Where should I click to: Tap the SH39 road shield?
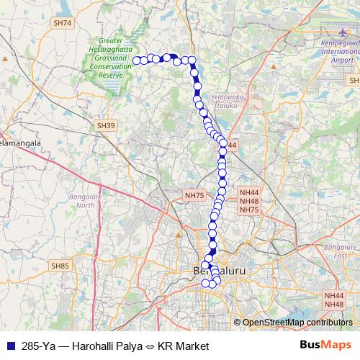click(106, 125)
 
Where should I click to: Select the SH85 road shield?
click(60, 266)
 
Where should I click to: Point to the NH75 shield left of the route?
click(195, 195)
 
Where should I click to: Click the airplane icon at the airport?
click(340, 33)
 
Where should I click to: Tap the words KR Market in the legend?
click(181, 346)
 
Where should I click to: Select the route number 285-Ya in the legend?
click(37, 346)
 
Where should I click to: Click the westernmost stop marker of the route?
click(137, 60)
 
